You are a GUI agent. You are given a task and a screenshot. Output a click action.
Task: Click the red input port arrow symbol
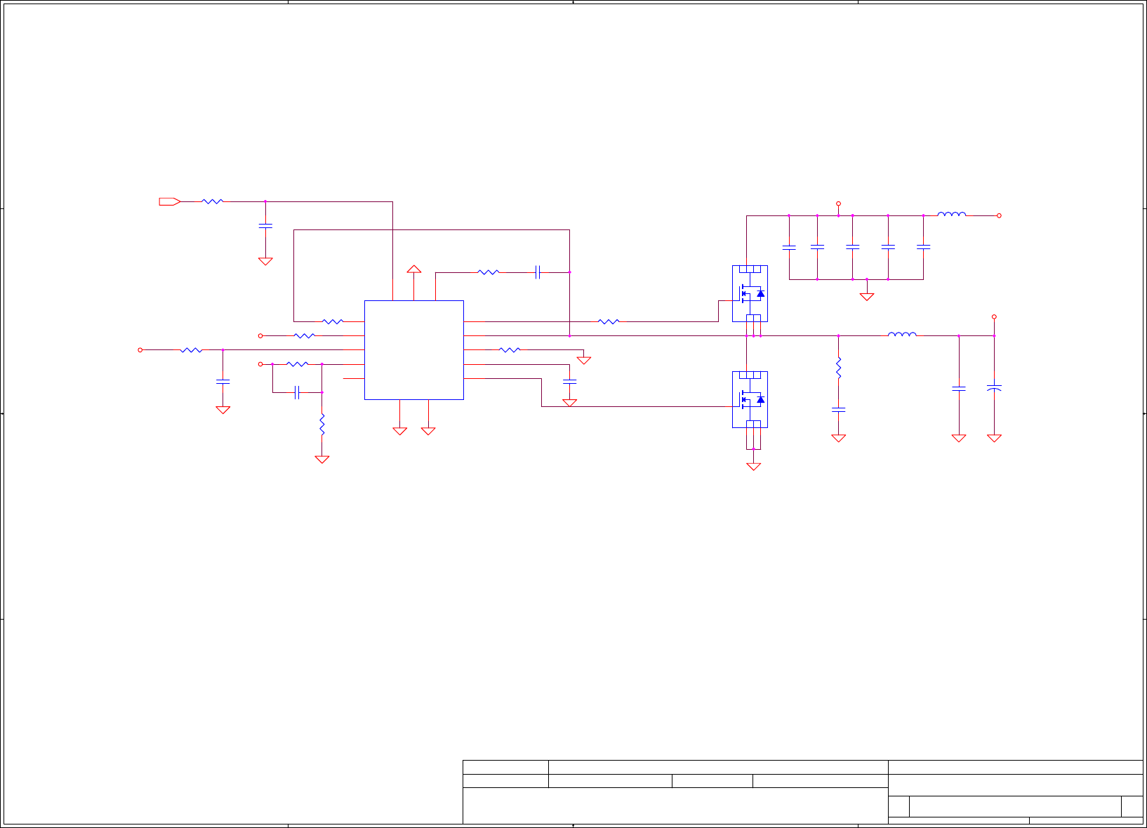click(x=169, y=202)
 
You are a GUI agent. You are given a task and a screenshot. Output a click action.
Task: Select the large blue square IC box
click(x=413, y=350)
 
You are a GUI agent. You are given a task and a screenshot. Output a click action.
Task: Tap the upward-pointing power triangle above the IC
click(x=414, y=269)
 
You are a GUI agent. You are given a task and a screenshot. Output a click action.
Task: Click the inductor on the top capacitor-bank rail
click(x=951, y=215)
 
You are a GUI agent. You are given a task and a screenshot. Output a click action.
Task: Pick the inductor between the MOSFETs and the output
click(x=902, y=335)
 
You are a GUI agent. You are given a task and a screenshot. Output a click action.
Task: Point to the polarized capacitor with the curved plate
click(x=994, y=387)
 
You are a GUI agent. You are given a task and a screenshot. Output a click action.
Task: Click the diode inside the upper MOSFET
click(x=760, y=293)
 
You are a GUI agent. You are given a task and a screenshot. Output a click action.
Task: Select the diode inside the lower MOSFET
click(x=760, y=399)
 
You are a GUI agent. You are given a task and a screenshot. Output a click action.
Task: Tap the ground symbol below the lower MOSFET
click(x=753, y=466)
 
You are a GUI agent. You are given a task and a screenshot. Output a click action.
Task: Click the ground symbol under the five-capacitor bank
click(x=867, y=297)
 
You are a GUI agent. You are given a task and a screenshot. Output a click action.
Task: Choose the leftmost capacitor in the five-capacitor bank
click(x=789, y=247)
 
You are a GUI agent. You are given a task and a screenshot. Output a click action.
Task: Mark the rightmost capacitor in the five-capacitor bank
click(x=924, y=247)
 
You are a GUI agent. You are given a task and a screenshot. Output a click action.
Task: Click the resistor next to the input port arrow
click(x=212, y=201)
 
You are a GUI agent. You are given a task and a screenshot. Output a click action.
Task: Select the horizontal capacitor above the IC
click(x=538, y=272)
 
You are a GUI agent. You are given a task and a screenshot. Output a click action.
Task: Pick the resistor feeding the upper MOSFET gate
click(x=609, y=321)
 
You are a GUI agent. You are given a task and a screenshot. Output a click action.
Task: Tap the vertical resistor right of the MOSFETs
click(x=838, y=368)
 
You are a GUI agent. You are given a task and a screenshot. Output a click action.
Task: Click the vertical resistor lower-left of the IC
click(x=321, y=425)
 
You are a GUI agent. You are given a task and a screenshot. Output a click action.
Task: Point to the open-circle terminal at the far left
click(x=140, y=349)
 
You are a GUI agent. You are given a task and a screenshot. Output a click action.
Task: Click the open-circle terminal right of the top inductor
click(x=999, y=215)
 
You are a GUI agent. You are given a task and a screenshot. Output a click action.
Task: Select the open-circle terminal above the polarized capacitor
click(x=994, y=317)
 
